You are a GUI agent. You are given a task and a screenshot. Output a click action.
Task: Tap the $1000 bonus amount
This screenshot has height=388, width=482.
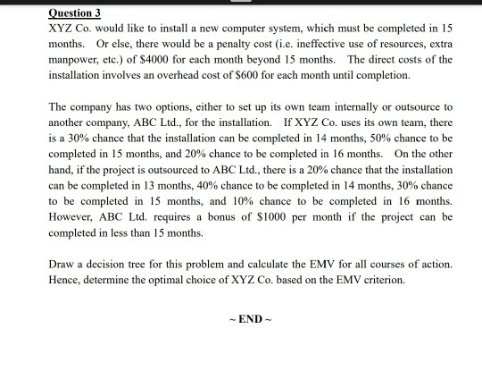pos(258,217)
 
